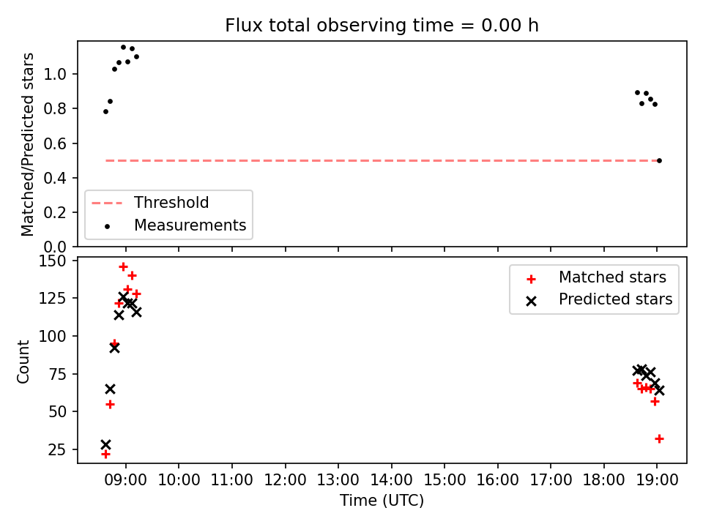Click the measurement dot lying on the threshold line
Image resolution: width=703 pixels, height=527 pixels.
point(659,160)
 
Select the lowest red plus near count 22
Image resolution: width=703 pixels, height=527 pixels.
point(105,455)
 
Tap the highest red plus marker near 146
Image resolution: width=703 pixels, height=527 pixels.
point(123,267)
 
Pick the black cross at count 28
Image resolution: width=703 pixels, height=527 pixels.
point(105,444)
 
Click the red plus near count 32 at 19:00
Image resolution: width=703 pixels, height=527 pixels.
point(659,438)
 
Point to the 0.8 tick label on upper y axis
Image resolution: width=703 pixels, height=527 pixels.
point(55,109)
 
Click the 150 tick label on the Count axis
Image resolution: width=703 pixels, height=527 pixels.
point(52,261)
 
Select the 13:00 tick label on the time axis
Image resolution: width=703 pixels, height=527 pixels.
point(338,480)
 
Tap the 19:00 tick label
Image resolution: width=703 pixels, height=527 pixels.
point(658,480)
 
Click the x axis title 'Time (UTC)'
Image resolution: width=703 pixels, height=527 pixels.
point(382,500)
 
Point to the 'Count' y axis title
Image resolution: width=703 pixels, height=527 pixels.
point(23,362)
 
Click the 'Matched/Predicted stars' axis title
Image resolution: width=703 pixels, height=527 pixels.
point(27,144)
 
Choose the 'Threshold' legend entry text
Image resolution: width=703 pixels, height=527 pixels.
point(171,203)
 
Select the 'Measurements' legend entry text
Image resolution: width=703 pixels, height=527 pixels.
point(190,225)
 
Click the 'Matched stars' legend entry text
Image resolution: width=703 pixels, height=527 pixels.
point(612,277)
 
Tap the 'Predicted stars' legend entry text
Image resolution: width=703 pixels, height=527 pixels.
point(616,299)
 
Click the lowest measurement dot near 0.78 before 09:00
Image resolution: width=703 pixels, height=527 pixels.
point(105,111)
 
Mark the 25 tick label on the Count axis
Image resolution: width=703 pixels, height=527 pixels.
point(57,449)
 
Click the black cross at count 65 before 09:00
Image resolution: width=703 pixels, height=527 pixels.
point(110,389)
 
